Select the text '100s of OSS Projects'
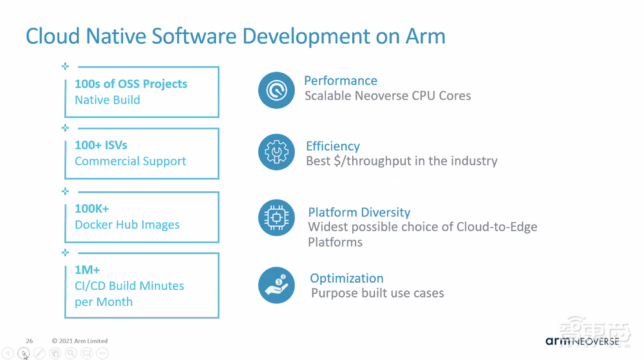pos(131,84)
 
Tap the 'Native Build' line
pos(107,100)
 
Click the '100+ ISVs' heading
pos(101,145)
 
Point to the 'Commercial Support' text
pos(130,161)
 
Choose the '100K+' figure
pos(92,209)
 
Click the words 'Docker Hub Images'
pos(127,225)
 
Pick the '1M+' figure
pos(87,270)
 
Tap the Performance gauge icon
pos(276,90)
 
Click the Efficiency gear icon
pos(276,153)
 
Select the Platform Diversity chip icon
pos(276,218)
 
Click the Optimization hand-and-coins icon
pos(276,285)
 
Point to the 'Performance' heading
pos(340,81)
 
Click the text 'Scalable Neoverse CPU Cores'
pos(388,96)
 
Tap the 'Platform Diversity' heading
pos(359,212)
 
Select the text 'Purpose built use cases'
pos(377,293)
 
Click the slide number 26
pos(30,341)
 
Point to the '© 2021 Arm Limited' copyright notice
pos(80,341)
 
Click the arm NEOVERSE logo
pos(582,341)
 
